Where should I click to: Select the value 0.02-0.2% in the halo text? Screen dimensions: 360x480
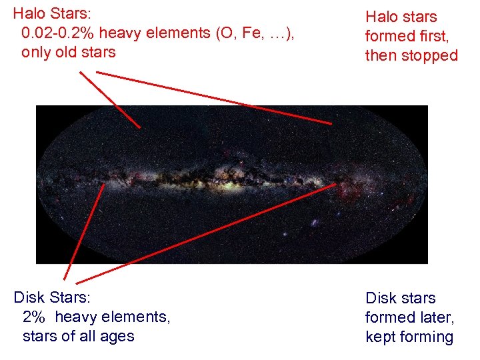tap(61, 33)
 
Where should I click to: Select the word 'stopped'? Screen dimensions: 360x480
tap(431, 55)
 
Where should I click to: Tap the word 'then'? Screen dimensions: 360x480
tap(381, 55)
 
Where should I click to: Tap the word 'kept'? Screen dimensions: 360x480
tap(381, 337)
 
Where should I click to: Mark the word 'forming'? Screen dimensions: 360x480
tap(428, 337)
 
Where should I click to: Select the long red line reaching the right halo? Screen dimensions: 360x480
tap(220, 97)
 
